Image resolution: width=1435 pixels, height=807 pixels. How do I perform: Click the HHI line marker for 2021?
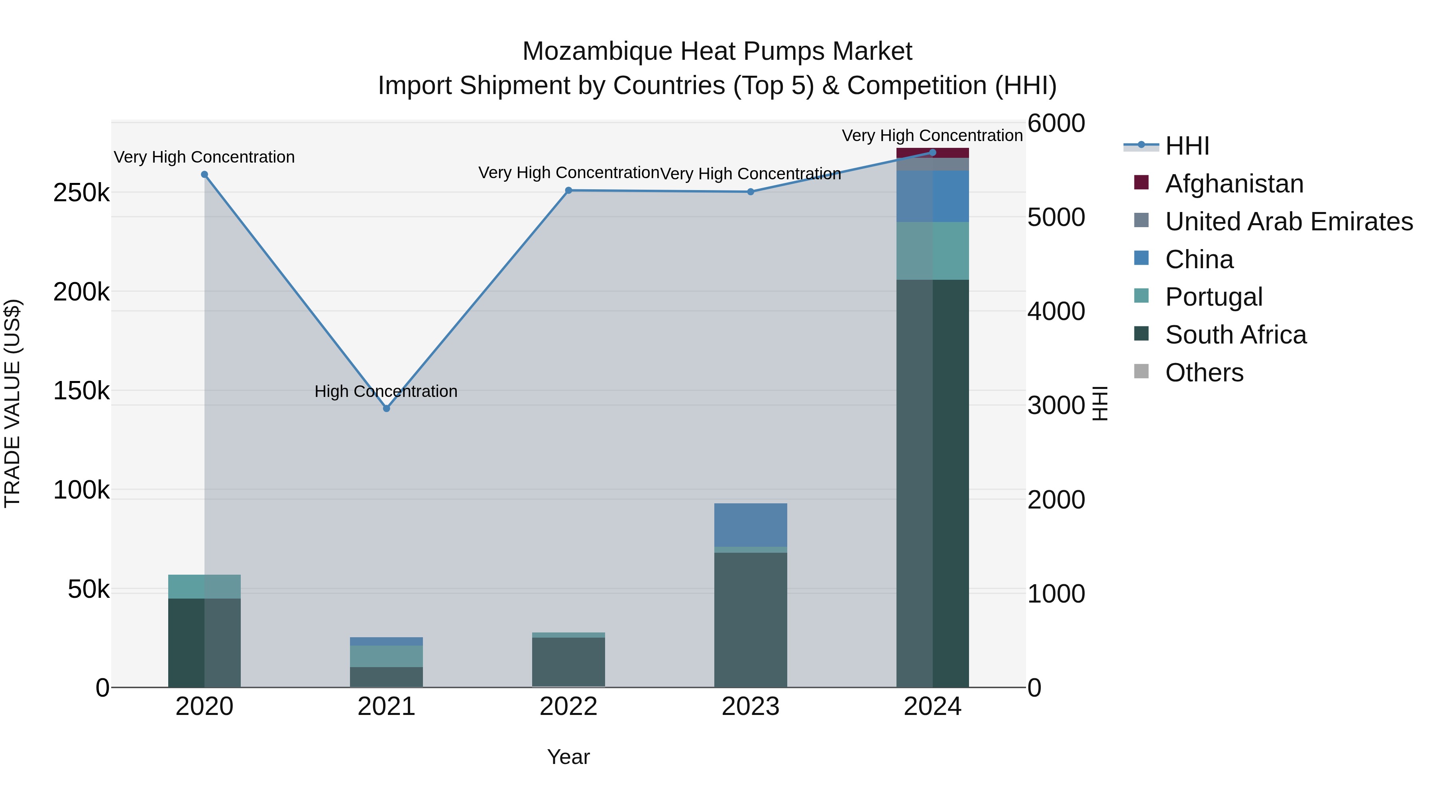tap(387, 408)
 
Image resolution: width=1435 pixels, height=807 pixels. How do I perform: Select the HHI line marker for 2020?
tap(204, 174)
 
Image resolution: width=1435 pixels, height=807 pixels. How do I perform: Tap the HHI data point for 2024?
tap(932, 152)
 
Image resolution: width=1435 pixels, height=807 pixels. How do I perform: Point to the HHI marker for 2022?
tap(568, 190)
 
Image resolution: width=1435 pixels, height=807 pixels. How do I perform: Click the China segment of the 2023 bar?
tap(750, 524)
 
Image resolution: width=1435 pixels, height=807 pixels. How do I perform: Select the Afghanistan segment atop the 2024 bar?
tap(932, 153)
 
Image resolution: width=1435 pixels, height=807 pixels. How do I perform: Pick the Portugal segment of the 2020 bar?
tap(204, 587)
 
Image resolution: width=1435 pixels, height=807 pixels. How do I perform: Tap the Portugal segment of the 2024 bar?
tap(932, 251)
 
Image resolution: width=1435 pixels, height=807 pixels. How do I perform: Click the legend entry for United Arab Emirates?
tap(1288, 222)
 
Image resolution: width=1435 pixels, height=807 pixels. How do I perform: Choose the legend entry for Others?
tap(1204, 373)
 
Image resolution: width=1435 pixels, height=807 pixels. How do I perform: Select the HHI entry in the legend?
tap(1187, 146)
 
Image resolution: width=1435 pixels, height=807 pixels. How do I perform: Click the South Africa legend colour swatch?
tap(1141, 334)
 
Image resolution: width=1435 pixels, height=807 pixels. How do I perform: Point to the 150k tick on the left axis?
tap(81, 391)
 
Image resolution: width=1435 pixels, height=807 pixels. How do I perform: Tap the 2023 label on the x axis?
tap(750, 707)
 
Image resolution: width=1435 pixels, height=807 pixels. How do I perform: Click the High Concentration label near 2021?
tap(386, 391)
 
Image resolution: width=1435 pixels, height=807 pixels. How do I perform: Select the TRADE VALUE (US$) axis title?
tap(12, 403)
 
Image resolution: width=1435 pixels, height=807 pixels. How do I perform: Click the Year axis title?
tap(568, 757)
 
